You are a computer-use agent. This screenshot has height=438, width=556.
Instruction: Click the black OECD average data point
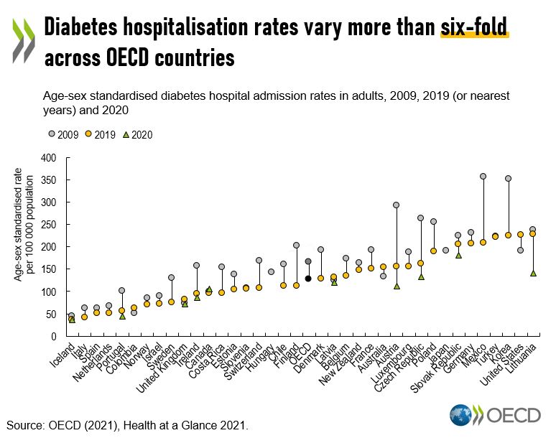click(x=308, y=279)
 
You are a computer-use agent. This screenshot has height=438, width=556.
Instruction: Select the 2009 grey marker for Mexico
click(x=483, y=177)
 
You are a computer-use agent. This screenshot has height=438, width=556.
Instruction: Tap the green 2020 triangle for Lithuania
click(x=532, y=273)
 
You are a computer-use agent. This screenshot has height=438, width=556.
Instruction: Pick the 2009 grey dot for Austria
click(x=396, y=205)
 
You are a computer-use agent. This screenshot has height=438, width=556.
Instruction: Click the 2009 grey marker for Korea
click(x=508, y=179)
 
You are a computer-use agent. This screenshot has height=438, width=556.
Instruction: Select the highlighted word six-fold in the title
click(x=474, y=27)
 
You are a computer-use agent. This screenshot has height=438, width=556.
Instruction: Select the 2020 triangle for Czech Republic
click(x=421, y=276)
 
